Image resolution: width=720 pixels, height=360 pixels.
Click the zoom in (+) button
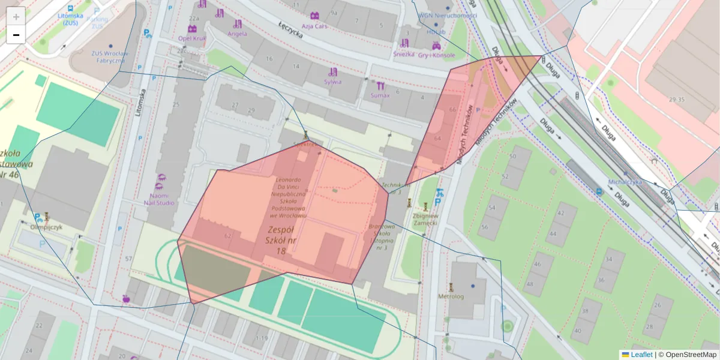tap(16, 16)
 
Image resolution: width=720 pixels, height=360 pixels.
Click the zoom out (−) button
tap(16, 35)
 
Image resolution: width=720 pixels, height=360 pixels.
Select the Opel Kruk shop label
tap(192, 38)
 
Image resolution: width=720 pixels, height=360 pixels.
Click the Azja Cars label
tap(314, 26)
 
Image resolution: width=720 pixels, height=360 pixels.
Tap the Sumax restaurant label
tap(380, 95)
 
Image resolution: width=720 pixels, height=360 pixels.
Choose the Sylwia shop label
tap(332, 82)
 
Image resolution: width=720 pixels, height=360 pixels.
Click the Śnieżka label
tap(404, 53)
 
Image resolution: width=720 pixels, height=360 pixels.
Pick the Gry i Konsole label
tap(436, 55)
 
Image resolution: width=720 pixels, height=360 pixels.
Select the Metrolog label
tap(451, 296)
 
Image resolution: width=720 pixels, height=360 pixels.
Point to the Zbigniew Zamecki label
tap(425, 219)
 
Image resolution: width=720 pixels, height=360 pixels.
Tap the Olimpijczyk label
tap(46, 227)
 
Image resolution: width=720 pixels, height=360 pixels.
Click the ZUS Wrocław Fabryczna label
tap(108, 56)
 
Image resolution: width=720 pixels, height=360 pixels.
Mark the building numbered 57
tap(128, 259)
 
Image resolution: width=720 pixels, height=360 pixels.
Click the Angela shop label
tap(238, 34)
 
